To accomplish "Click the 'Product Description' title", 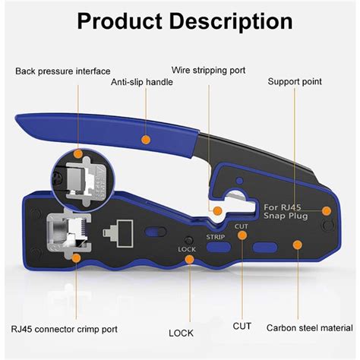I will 179,21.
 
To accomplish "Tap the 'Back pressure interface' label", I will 63,71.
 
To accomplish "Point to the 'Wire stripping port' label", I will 208,71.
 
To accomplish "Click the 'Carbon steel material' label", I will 308,329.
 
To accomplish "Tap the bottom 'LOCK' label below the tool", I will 181,333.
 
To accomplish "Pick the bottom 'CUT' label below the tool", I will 242,328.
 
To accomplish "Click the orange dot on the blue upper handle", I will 144,140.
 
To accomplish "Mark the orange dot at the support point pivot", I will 327,211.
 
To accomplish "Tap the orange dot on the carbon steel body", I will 298,245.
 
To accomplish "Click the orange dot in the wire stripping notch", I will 216,210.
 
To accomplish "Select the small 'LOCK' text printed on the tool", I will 187,249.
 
